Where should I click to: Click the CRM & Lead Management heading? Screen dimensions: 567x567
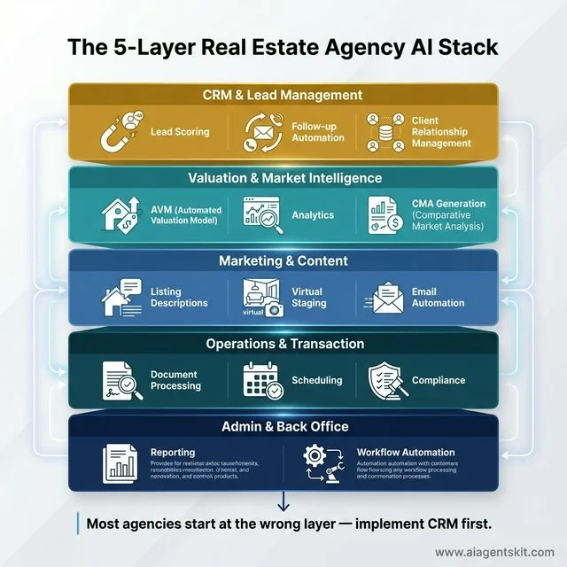pyautogui.click(x=283, y=95)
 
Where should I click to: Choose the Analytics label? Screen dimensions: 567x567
pyautogui.click(x=313, y=214)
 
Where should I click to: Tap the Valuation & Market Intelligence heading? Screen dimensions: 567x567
pyautogui.click(x=283, y=178)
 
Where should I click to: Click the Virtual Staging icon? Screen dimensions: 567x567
pyautogui.click(x=260, y=298)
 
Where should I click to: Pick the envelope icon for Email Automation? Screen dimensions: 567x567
pyautogui.click(x=384, y=298)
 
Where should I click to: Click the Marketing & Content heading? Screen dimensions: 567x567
pyautogui.click(x=283, y=261)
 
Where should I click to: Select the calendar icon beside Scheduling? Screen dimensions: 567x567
pyautogui.click(x=262, y=380)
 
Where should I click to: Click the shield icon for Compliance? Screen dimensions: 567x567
pyautogui.click(x=386, y=380)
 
